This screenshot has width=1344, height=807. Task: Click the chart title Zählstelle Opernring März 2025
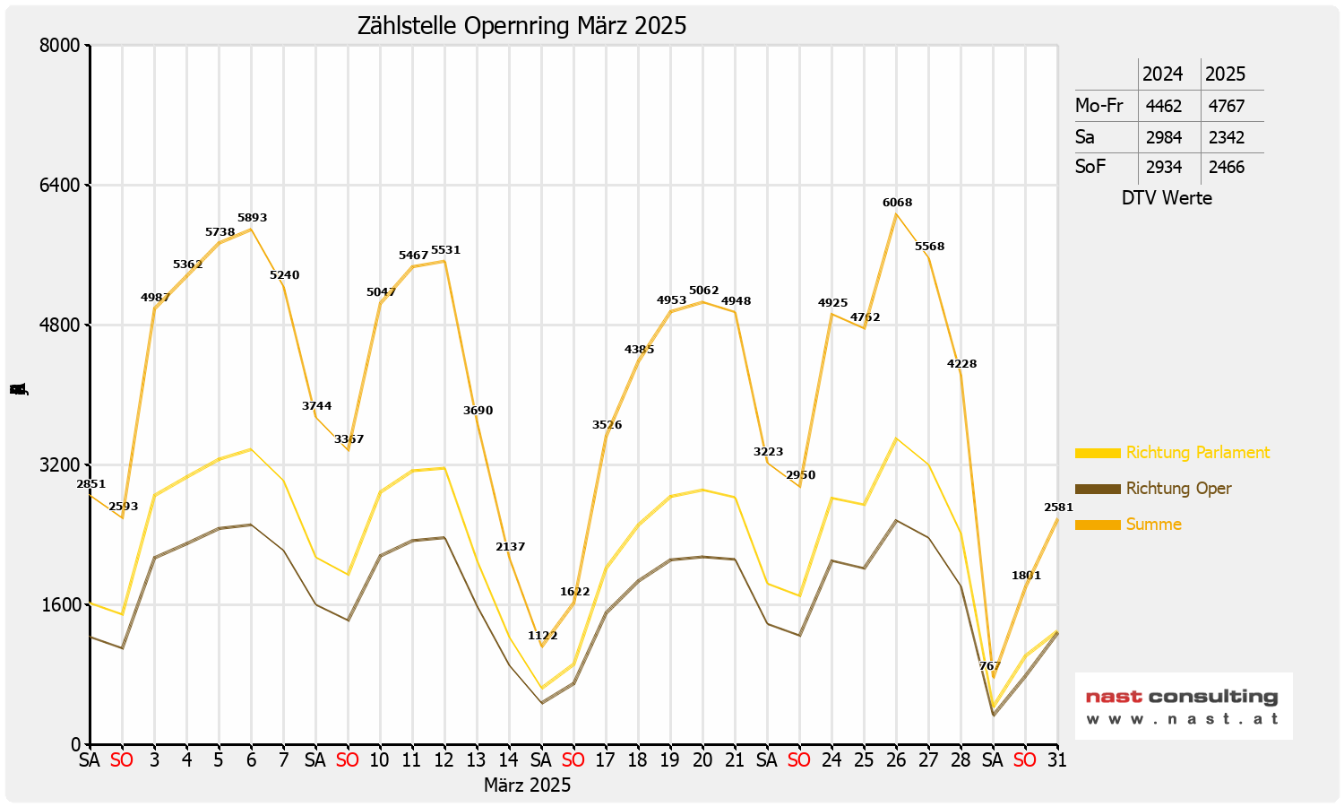coord(521,26)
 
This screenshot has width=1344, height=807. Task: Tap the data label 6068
coord(897,203)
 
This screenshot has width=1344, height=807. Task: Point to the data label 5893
coord(252,218)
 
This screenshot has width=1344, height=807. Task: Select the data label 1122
coord(542,636)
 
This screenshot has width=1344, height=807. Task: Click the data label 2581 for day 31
coord(1058,508)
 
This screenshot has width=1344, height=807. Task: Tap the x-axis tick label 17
coord(606,760)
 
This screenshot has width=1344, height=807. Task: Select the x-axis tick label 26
coord(896,760)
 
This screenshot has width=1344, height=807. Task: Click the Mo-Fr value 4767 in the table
coord(1226,106)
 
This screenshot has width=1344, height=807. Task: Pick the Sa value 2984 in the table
coord(1164,137)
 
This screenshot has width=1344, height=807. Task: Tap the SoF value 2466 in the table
coord(1226,167)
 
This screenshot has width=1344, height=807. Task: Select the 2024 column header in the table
coord(1162,74)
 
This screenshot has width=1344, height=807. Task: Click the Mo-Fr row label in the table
coord(1098,106)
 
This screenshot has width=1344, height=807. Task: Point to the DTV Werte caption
coord(1167,198)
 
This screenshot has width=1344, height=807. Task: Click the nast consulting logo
coord(1183,706)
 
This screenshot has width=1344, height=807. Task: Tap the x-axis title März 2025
coord(527,785)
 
